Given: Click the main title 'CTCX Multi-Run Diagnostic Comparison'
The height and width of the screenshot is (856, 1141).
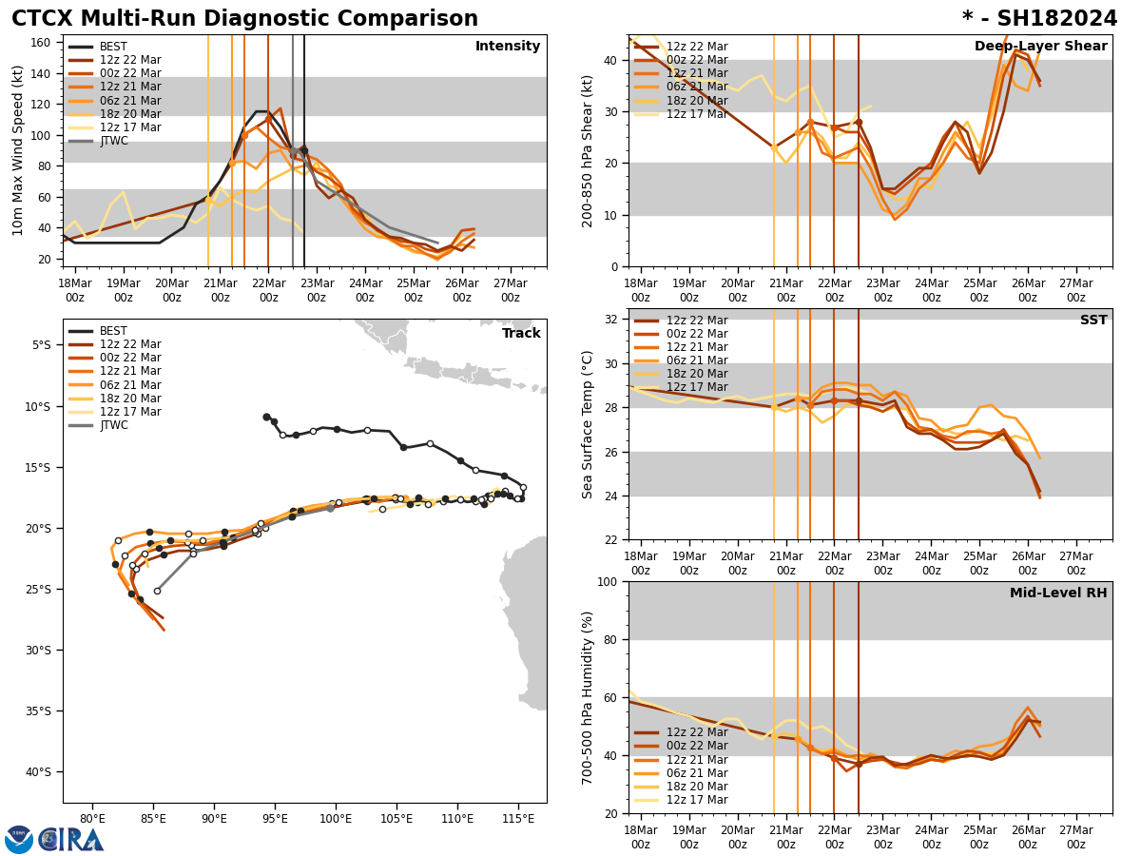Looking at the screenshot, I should click(x=244, y=19).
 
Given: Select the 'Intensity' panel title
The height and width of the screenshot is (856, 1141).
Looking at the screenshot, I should click(x=508, y=47).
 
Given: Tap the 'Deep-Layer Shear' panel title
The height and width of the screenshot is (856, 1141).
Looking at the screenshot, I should click(x=1040, y=47).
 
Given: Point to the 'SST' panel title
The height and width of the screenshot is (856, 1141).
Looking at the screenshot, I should click(x=1093, y=321).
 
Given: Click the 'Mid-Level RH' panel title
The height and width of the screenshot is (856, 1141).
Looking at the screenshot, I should click(x=1058, y=593).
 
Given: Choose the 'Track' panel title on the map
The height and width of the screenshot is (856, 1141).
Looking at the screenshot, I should click(x=521, y=334).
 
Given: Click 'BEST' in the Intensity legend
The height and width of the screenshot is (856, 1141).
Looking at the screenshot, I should click(x=113, y=47).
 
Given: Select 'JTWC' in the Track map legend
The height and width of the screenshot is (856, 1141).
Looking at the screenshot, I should click(x=113, y=425).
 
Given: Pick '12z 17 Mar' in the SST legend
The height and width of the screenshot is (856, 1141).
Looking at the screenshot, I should click(x=697, y=387).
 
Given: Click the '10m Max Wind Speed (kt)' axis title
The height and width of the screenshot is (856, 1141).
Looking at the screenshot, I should click(x=17, y=150).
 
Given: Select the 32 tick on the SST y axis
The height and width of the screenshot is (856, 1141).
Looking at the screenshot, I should click(x=612, y=320).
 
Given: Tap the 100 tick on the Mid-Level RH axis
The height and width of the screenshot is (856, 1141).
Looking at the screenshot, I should click(x=609, y=582).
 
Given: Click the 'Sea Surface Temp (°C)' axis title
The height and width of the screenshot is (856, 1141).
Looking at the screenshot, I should click(x=588, y=424).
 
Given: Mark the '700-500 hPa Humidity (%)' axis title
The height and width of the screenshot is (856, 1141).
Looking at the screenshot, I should click(x=588, y=697).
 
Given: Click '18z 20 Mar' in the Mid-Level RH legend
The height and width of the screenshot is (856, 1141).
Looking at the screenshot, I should click(x=697, y=787).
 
